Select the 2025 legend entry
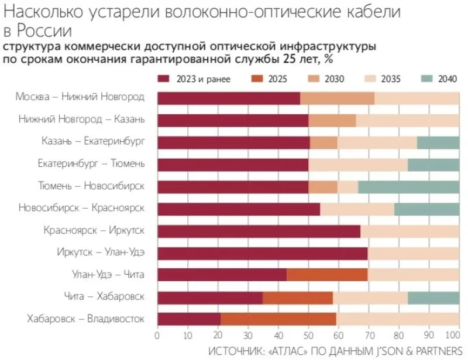(270, 80)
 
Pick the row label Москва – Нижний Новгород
(80, 97)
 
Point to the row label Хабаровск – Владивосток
(86, 319)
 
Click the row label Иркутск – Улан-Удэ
(101, 252)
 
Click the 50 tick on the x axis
(308, 336)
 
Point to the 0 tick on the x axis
(157, 336)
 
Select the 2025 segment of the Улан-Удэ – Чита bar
(327, 275)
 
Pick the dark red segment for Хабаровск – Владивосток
(189, 319)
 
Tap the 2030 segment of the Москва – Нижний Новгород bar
(337, 98)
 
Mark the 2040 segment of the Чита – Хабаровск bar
(433, 297)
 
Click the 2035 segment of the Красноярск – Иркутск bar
(409, 230)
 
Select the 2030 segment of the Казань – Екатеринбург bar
(324, 142)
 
